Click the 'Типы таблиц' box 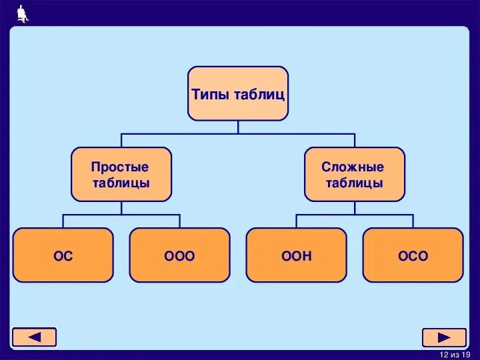click(x=238, y=93)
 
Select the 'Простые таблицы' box click(x=121, y=174)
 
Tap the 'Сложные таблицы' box click(x=355, y=174)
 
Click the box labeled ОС click(x=63, y=255)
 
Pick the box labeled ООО click(x=180, y=255)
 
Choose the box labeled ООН click(x=297, y=255)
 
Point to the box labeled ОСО click(x=413, y=255)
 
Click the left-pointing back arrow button click(x=35, y=337)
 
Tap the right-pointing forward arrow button click(x=444, y=337)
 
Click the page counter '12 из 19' click(x=455, y=354)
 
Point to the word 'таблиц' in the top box click(x=259, y=94)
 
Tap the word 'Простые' click(x=120, y=167)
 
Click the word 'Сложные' click(x=353, y=167)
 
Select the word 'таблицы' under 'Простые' click(x=121, y=183)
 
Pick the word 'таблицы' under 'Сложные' click(x=355, y=183)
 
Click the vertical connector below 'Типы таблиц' click(x=238, y=127)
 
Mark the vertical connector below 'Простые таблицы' click(x=121, y=207)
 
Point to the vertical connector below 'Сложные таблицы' click(x=355, y=207)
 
